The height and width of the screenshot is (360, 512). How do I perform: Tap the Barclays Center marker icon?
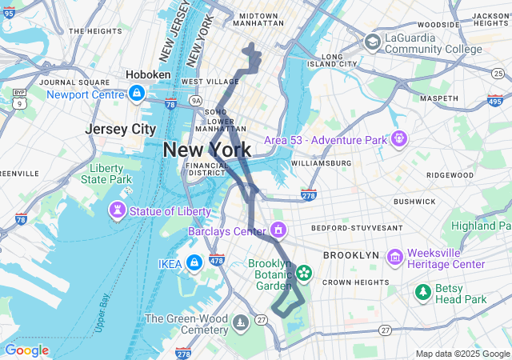pos(278,231)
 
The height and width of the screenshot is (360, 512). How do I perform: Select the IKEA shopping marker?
pos(194,263)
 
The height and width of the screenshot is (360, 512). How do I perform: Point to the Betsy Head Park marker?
pos(423,293)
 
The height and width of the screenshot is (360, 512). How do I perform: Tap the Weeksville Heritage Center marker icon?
pos(394,258)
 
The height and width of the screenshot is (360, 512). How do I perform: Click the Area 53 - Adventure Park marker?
pos(398,139)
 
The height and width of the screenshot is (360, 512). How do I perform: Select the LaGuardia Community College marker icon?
pos(372,42)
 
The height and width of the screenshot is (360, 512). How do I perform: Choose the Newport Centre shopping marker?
pos(137,94)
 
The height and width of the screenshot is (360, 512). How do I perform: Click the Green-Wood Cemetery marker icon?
pos(242,323)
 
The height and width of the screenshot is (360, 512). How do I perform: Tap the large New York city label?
pos(206,150)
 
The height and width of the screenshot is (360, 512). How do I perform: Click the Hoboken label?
pos(148,74)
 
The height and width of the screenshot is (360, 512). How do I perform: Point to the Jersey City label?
pos(121,129)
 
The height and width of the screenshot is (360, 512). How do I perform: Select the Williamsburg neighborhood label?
pos(321,162)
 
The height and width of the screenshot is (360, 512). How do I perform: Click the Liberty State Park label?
pos(106,174)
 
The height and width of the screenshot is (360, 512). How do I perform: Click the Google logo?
pos(26,350)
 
